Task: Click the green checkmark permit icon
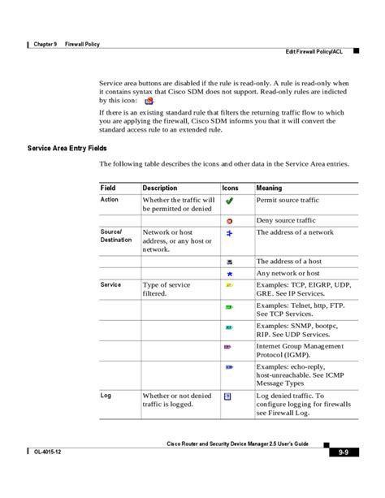[x=230, y=200]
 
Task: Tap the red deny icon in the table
[x=230, y=220]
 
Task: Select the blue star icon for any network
[x=230, y=275]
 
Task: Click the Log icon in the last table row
[x=228, y=397]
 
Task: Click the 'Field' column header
[x=108, y=188]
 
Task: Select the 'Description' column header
[x=159, y=188]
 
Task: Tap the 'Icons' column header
[x=231, y=188]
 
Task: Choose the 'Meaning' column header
[x=269, y=188]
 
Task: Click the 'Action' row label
[x=110, y=199]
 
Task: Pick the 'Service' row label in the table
[x=111, y=285]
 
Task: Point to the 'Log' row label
[x=106, y=396]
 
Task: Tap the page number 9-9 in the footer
[x=344, y=453]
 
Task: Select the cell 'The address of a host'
[x=288, y=262]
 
